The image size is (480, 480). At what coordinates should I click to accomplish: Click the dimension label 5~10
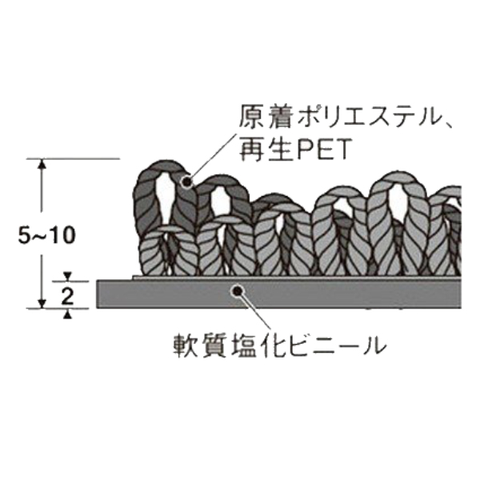[x=46, y=236]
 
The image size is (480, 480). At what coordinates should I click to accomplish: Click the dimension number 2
[x=67, y=296]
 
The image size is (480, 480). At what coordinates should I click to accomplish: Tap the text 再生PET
[x=294, y=150]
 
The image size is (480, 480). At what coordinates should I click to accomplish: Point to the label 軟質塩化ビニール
[x=279, y=346]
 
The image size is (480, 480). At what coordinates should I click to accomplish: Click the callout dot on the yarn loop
[x=186, y=182]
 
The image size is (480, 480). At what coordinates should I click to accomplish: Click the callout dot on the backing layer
[x=238, y=290]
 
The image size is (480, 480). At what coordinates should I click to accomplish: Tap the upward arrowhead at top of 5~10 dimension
[x=42, y=164]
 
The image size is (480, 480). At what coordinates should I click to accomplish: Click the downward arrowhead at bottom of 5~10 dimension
[x=42, y=303]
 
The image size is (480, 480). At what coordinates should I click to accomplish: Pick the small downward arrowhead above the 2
[x=68, y=277]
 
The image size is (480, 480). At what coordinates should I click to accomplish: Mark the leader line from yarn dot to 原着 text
[x=214, y=157]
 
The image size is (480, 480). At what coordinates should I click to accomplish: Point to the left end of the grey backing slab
[x=97, y=294]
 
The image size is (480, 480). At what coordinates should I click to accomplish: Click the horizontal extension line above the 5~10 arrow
[x=73, y=159]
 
